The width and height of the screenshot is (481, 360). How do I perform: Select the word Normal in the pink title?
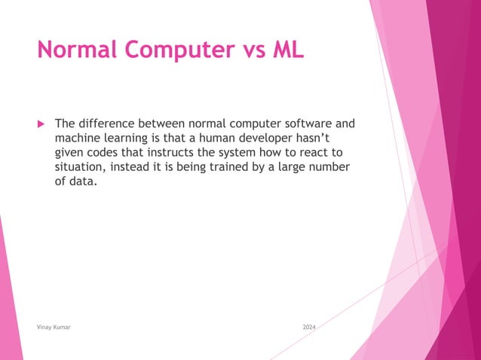click(x=78, y=50)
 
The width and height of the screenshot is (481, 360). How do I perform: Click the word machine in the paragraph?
click(x=79, y=138)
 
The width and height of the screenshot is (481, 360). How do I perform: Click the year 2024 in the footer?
click(x=309, y=328)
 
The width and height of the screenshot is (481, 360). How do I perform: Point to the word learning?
click(x=131, y=138)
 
